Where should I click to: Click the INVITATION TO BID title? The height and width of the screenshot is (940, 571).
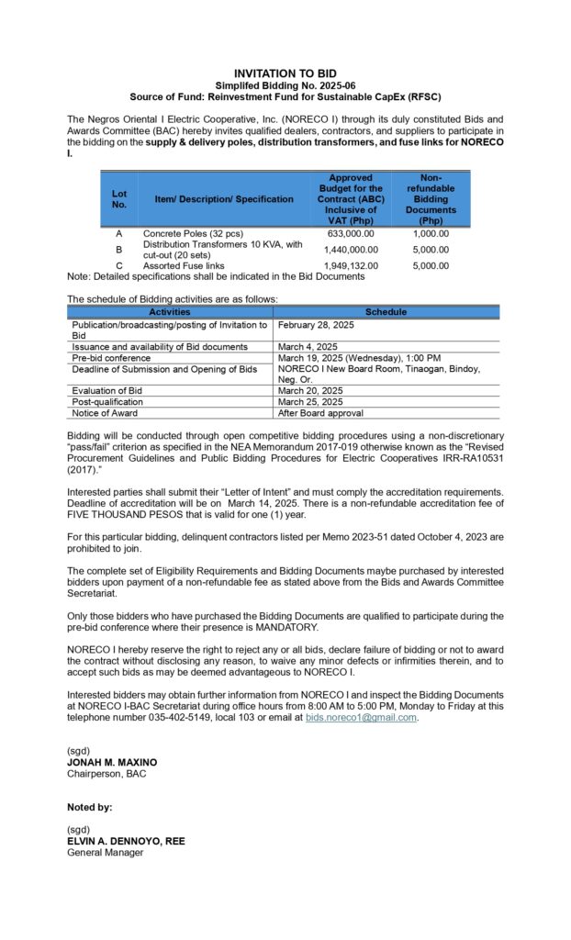pyautogui.click(x=285, y=73)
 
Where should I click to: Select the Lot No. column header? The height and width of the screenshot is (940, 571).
pyautogui.click(x=119, y=198)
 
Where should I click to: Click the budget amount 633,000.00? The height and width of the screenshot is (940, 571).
pyautogui.click(x=349, y=233)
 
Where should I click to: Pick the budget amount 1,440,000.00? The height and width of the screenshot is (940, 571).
pyautogui.click(x=349, y=250)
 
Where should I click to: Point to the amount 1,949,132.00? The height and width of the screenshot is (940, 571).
pyautogui.click(x=349, y=266)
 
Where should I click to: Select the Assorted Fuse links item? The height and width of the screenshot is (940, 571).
pyautogui.click(x=184, y=266)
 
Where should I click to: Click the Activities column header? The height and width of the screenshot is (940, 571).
pyautogui.click(x=170, y=312)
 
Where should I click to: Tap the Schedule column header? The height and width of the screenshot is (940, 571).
pyautogui.click(x=386, y=312)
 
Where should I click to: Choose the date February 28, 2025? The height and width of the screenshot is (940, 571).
pyautogui.click(x=315, y=325)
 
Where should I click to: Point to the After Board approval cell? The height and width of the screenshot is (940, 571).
pyautogui.click(x=320, y=413)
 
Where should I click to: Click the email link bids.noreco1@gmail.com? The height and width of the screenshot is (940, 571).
pyautogui.click(x=361, y=717)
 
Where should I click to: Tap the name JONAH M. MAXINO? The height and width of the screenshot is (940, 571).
pyautogui.click(x=111, y=763)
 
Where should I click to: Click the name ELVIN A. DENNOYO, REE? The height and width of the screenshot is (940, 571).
pyautogui.click(x=126, y=841)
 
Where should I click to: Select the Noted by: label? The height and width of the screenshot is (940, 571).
pyautogui.click(x=90, y=807)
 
